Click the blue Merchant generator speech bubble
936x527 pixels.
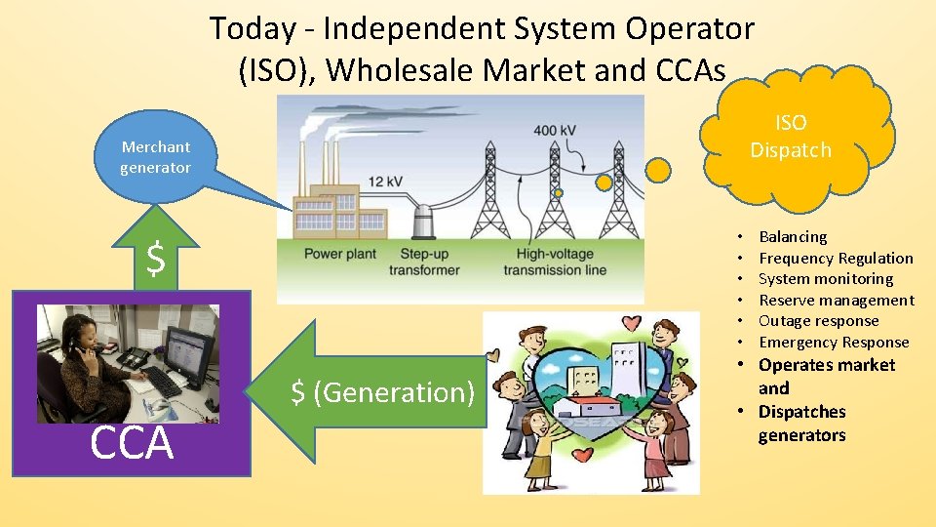click(x=156, y=157)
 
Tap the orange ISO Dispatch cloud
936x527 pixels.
click(x=791, y=137)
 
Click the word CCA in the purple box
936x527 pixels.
click(x=132, y=443)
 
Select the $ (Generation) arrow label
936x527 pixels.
click(x=383, y=392)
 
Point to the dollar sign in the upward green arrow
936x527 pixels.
click(x=155, y=260)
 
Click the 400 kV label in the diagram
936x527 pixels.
click(x=554, y=131)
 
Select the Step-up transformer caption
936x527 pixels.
click(x=424, y=262)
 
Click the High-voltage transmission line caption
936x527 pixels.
click(x=554, y=262)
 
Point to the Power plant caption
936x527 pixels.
click(x=339, y=254)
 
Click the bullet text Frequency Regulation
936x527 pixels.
click(x=836, y=258)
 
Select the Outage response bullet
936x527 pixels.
click(x=818, y=320)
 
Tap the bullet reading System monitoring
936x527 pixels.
click(x=825, y=278)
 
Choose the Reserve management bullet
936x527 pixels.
click(x=836, y=300)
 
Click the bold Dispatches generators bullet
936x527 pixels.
click(x=801, y=424)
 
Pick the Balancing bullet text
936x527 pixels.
click(x=792, y=236)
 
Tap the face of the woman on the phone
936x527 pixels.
click(x=79, y=332)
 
